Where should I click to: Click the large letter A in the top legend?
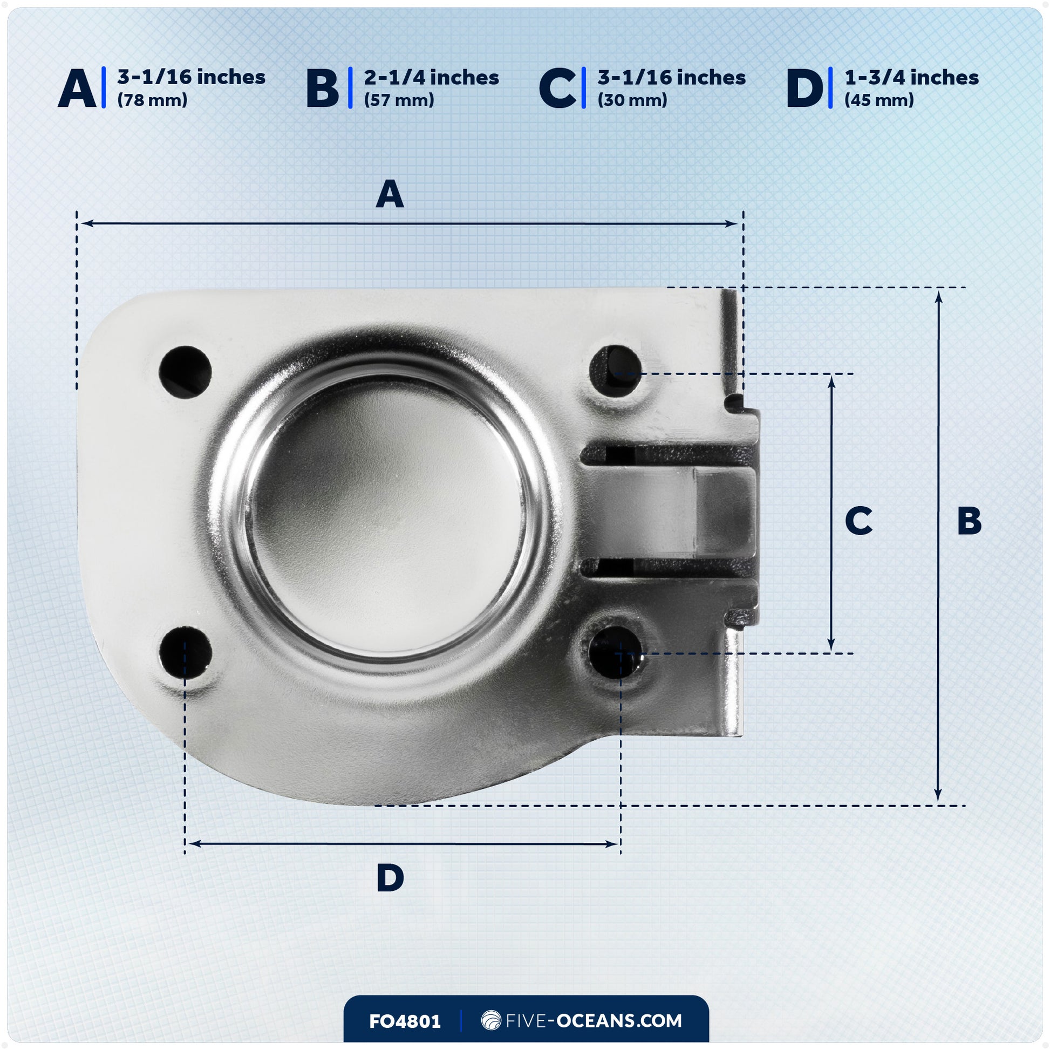pos(77,88)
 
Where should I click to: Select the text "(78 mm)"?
pos(152,100)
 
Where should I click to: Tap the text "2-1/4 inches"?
pos(432,78)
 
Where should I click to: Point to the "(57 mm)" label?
pos(399,100)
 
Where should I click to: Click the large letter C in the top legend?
pos(557,88)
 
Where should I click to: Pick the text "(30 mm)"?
pos(632,100)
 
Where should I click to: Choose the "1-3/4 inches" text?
pos(911,78)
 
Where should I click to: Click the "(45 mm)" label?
pos(879,100)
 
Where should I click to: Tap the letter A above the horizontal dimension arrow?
pos(390,195)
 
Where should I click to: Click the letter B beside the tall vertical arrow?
pos(970,521)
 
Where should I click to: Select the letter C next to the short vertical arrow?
pos(858,521)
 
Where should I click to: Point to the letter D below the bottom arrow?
pos(390,878)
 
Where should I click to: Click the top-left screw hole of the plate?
pos(185,372)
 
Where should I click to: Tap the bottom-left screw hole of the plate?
pos(185,653)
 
